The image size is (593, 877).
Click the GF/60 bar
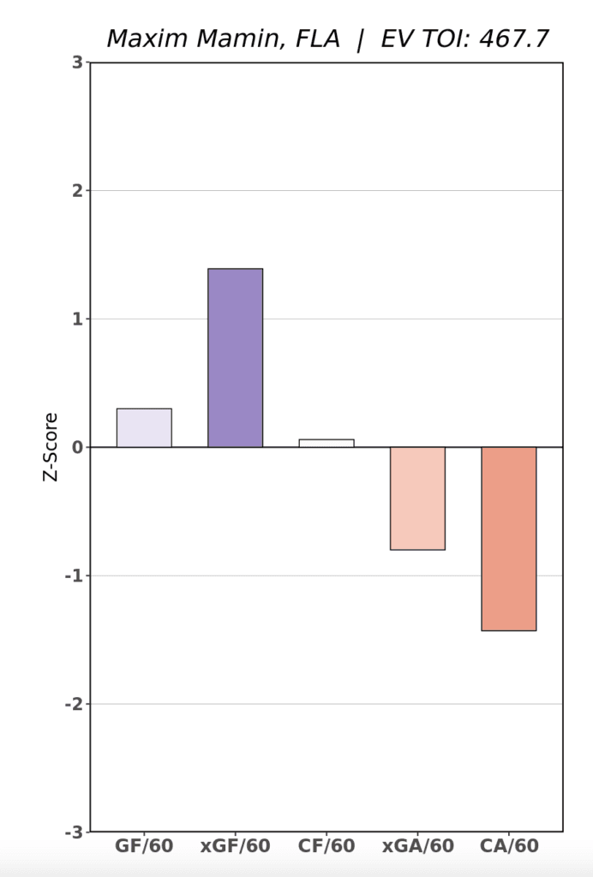144,427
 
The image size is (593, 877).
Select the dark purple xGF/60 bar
235,358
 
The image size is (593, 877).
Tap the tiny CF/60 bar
326,443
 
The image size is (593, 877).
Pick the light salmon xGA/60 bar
417,498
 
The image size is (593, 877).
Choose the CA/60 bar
508,538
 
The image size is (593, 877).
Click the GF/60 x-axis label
144,847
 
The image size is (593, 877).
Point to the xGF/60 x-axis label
235,847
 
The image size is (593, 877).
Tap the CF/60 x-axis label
326,847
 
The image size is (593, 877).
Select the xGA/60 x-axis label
417,847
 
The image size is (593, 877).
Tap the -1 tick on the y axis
75,576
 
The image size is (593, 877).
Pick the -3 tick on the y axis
75,832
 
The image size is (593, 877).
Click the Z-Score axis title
51,447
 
